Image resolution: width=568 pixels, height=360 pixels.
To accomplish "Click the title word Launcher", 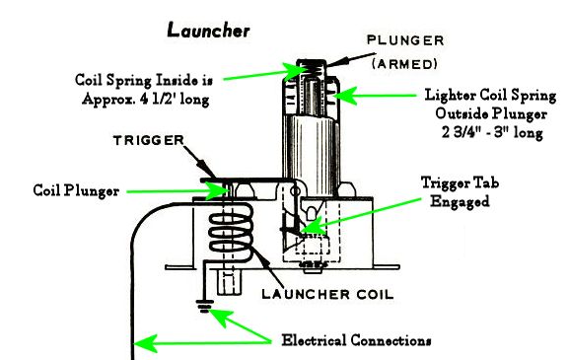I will coord(208,31).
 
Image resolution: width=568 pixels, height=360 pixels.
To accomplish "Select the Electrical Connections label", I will coord(356,340).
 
